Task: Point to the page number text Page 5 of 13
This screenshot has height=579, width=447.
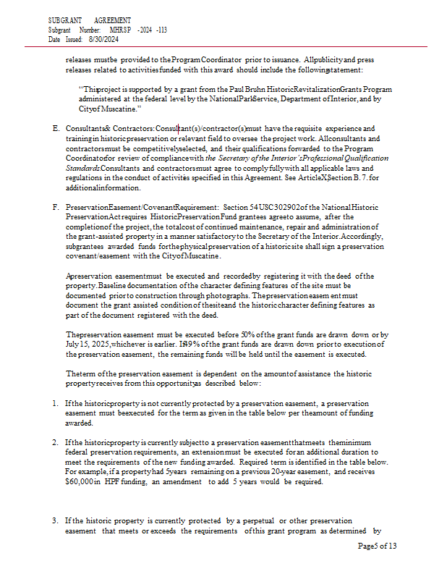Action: coord(377,546)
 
